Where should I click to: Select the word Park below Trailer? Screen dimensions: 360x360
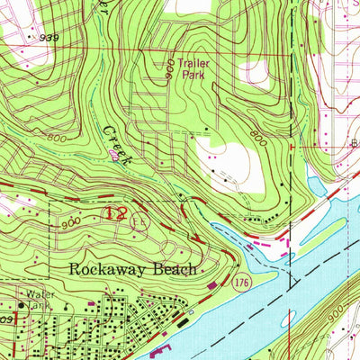click(193, 76)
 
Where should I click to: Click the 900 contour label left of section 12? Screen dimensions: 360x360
click(73, 221)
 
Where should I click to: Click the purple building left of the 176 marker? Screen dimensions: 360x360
click(212, 287)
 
